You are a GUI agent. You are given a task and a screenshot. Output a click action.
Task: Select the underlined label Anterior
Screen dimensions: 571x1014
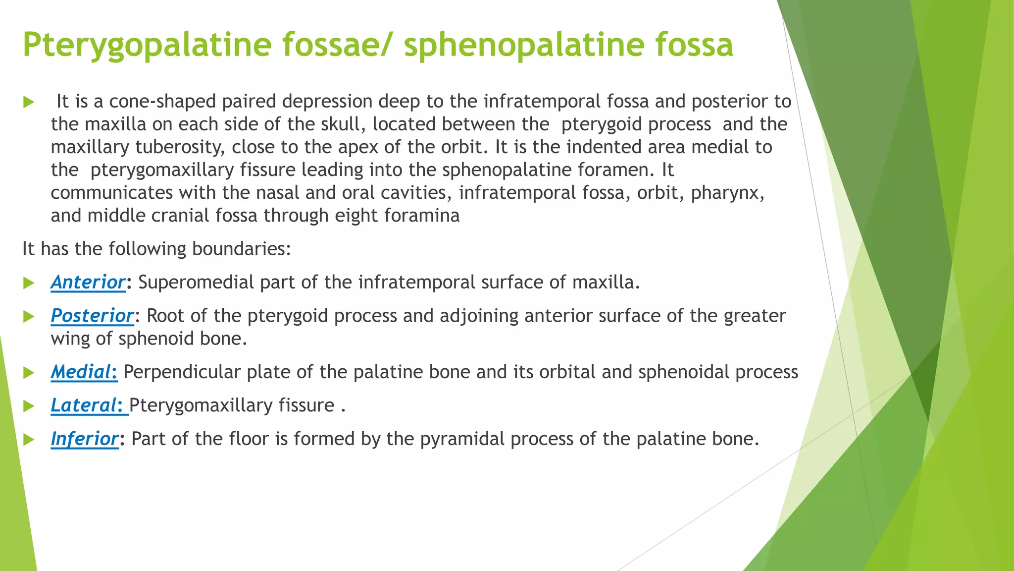click(88, 283)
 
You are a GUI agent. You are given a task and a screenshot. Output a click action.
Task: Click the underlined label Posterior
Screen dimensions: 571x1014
click(92, 316)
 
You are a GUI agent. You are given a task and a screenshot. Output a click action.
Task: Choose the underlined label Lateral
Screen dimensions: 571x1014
click(87, 405)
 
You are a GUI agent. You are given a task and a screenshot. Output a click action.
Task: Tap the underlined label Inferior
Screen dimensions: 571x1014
click(85, 439)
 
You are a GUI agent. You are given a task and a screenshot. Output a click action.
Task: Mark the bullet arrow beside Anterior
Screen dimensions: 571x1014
click(29, 283)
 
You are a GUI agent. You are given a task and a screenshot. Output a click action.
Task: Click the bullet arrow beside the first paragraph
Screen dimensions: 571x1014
click(29, 103)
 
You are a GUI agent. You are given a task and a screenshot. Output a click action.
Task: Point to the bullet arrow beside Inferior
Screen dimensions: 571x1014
click(29, 440)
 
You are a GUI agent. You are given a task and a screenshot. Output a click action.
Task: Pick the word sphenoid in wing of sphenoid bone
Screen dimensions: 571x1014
click(155, 339)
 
